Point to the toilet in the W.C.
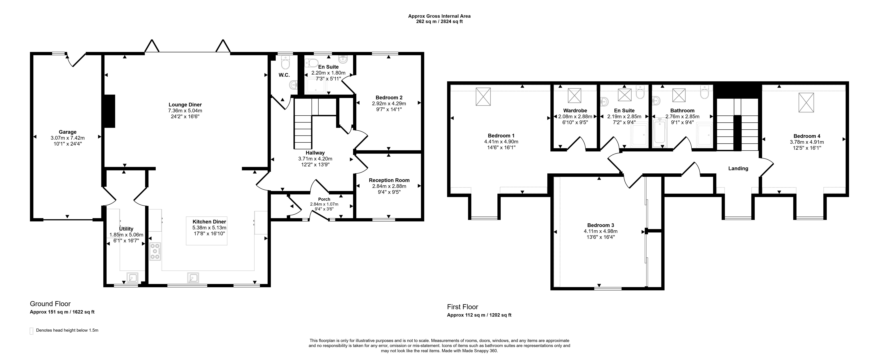[x=285, y=62]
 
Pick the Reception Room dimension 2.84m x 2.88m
[x=389, y=186]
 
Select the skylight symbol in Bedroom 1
[x=483, y=97]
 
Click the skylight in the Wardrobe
[x=574, y=95]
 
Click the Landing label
[x=738, y=169]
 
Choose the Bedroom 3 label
[x=601, y=225]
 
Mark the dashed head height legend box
[x=32, y=331]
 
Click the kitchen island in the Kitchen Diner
[x=207, y=231]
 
